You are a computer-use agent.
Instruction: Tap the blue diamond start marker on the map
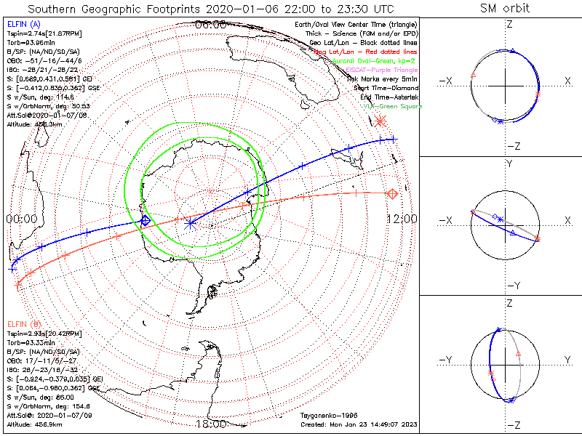[145, 220]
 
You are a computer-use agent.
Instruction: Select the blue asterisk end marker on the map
[190, 223]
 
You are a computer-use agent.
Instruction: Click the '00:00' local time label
[21, 219]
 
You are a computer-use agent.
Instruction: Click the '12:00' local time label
[402, 219]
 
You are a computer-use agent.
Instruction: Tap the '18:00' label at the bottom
[211, 423]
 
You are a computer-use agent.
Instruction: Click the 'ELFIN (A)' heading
[23, 25]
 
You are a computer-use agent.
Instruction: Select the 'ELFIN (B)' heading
[23, 323]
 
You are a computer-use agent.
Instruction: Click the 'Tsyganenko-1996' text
[325, 414]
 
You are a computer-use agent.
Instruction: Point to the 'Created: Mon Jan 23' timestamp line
[357, 423]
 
